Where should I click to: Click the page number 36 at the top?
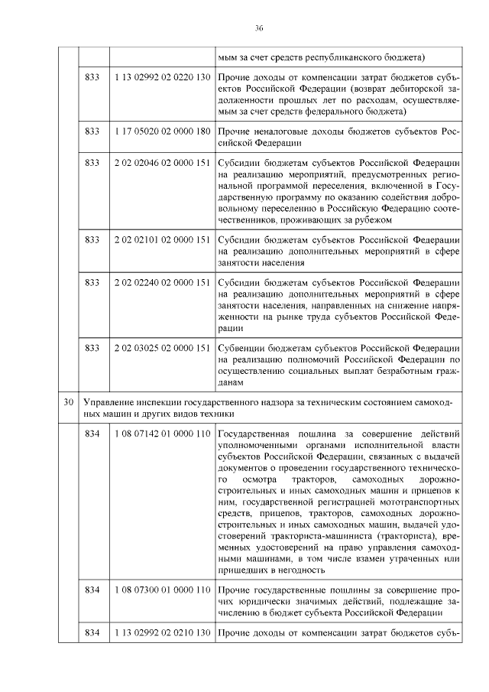pyautogui.click(x=259, y=28)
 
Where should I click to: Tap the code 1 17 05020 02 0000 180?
pyautogui.click(x=162, y=132)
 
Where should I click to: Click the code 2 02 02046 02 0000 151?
pyautogui.click(x=162, y=164)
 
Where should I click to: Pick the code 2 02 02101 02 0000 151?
pyautogui.click(x=162, y=239)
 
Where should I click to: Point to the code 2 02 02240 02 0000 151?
pyautogui.click(x=162, y=282)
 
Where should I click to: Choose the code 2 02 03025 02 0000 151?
pyautogui.click(x=162, y=348)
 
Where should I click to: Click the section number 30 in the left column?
pyautogui.click(x=69, y=401)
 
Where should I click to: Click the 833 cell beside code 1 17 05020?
pyautogui.click(x=92, y=132)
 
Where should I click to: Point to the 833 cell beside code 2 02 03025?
pyautogui.click(x=92, y=348)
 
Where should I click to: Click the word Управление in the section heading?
pyautogui.click(x=109, y=401)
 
